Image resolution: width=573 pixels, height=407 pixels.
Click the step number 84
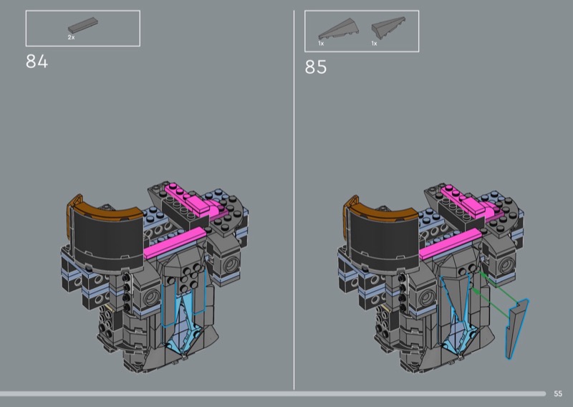[x=37, y=62]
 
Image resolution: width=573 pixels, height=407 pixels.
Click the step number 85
[x=316, y=67]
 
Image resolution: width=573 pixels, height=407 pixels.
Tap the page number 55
[x=558, y=394]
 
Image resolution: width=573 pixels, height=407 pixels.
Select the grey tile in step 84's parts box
[x=83, y=26]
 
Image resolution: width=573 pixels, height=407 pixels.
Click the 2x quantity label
[x=71, y=37]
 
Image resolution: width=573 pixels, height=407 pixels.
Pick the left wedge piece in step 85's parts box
[x=338, y=29]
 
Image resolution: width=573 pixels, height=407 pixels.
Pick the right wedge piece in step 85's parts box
[x=388, y=27]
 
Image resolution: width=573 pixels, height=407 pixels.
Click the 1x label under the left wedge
[x=321, y=44]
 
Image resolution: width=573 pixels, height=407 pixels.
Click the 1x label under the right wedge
[x=374, y=44]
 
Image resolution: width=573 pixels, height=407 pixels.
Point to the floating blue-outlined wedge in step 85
[x=516, y=327]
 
